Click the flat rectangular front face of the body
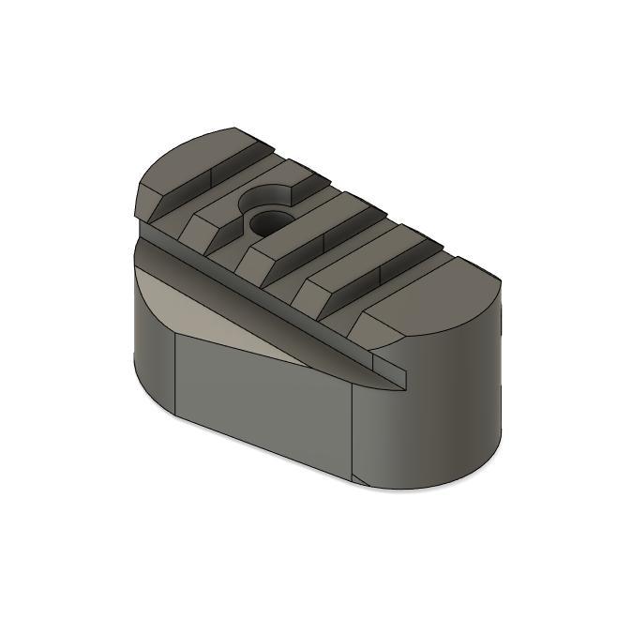[263, 394]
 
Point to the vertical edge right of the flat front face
[353, 431]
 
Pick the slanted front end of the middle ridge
[253, 263]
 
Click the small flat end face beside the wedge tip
[389, 361]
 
